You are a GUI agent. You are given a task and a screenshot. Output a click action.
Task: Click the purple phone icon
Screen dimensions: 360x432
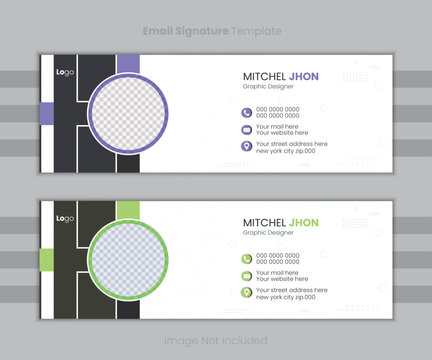click(x=246, y=112)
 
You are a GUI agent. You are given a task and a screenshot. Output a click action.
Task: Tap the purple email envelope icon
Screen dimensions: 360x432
click(x=246, y=129)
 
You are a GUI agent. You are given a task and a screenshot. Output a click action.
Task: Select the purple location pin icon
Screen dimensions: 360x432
click(x=246, y=146)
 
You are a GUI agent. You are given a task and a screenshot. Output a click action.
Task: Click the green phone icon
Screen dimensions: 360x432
click(x=246, y=259)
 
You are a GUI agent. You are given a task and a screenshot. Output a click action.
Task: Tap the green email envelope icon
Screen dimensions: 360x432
click(x=246, y=276)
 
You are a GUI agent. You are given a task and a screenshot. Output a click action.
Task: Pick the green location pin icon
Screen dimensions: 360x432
click(x=246, y=293)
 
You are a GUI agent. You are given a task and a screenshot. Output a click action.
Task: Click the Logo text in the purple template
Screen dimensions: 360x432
click(x=65, y=72)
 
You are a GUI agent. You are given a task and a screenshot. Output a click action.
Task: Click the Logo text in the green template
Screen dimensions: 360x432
click(x=65, y=219)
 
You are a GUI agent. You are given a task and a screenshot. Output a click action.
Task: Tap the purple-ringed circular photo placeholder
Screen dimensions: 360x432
click(x=133, y=114)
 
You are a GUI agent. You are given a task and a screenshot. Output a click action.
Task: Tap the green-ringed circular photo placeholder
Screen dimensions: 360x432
click(x=133, y=262)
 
